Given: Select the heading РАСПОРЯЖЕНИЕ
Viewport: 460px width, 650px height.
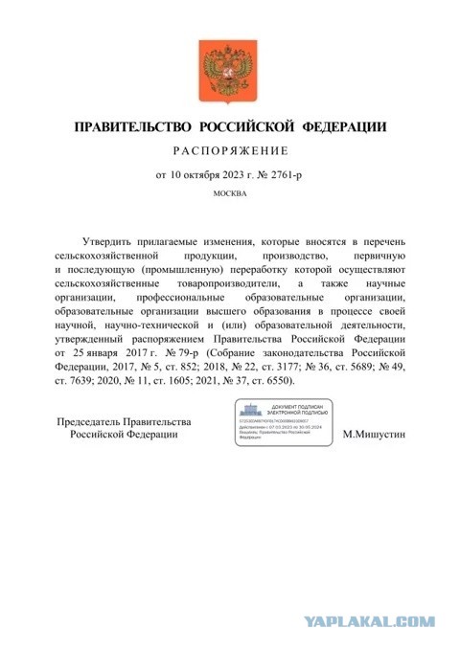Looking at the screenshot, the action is click(229, 151).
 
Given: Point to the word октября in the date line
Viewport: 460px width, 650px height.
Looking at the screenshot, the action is click(203, 175).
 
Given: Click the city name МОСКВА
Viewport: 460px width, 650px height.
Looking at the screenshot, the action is click(229, 194).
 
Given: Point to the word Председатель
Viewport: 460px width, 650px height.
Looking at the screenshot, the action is click(98, 422).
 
